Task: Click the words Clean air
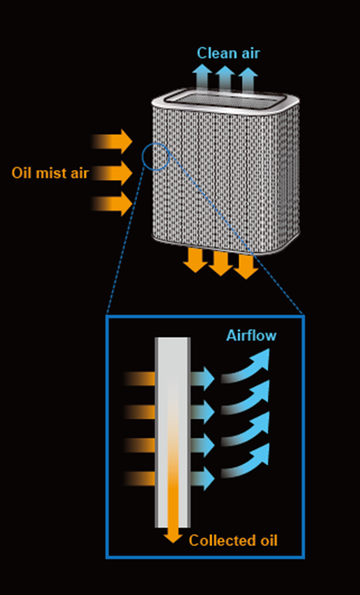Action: [228, 53]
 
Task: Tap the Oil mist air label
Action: [49, 173]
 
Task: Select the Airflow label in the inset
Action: [251, 335]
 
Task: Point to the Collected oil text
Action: [233, 541]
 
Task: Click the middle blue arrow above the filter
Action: [225, 79]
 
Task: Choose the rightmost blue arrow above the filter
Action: [248, 80]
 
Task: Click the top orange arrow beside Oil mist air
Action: [112, 141]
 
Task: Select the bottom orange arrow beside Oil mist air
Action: [112, 204]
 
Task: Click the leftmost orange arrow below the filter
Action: [195, 261]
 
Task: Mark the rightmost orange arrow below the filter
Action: [246, 267]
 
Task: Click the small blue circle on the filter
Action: [156, 145]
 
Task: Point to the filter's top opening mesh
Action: [226, 98]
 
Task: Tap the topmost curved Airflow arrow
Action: [247, 367]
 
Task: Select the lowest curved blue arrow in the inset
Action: [247, 462]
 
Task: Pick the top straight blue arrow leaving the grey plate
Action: [202, 379]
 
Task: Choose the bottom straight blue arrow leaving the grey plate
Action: [202, 478]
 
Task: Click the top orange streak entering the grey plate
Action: [139, 379]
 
